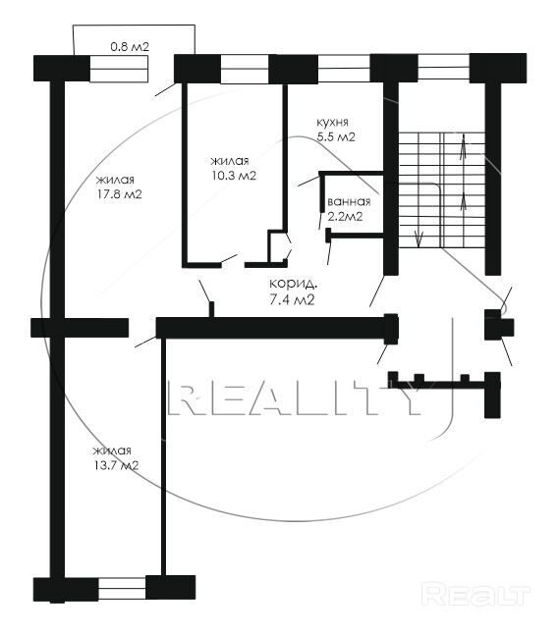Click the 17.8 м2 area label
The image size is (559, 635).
119,194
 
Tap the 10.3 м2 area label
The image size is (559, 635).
233,176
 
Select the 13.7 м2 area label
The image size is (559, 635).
116,465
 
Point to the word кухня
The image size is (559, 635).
332,123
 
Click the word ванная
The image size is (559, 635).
349,201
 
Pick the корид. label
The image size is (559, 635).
294,284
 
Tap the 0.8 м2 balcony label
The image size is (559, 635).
130,46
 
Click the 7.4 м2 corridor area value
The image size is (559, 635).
292,300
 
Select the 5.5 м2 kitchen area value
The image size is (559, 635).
336,137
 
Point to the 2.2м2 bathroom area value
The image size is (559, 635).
345,217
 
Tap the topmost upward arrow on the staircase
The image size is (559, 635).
463,148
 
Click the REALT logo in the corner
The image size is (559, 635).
475,595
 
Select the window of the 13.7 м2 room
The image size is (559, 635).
122,588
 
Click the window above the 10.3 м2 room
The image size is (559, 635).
245,69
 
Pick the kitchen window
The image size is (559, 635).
344,68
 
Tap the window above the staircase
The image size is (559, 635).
443,67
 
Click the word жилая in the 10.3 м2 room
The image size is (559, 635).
230,161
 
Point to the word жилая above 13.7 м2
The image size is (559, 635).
112,450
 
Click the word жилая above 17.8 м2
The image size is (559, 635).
115,180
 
